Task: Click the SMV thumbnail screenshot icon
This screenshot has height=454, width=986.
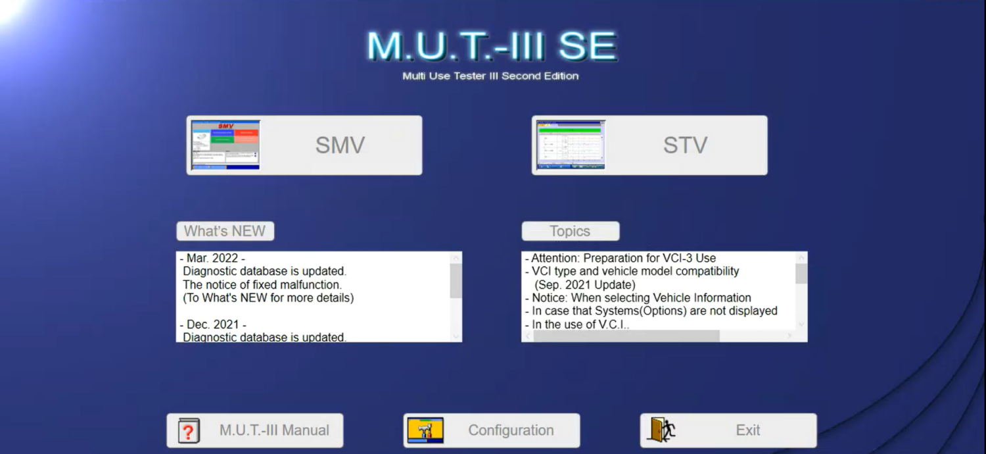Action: click(225, 145)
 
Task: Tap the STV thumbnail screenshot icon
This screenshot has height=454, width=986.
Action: click(571, 145)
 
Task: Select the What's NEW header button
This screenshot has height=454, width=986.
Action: click(225, 232)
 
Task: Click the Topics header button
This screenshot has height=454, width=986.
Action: click(570, 232)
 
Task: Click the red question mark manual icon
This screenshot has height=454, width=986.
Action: click(189, 431)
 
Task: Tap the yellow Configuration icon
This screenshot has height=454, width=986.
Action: click(425, 430)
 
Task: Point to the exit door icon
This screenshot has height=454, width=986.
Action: click(663, 430)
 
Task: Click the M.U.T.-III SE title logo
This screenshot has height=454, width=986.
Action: click(492, 46)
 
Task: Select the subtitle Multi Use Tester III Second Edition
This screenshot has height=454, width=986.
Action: click(490, 76)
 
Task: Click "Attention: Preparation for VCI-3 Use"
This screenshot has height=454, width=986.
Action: click(623, 259)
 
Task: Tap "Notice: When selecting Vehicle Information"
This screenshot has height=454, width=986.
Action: click(641, 298)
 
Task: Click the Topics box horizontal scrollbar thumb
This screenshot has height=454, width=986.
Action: click(626, 336)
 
